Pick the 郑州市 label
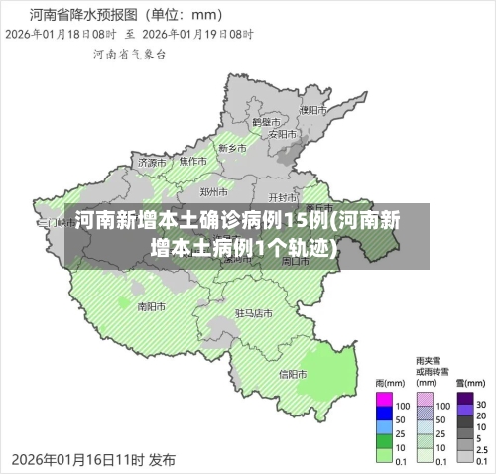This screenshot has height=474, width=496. pyautogui.click(x=215, y=191)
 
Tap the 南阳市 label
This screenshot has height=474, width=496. pyautogui.click(x=151, y=306)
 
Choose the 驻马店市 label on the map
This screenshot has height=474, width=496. pyautogui.click(x=254, y=312)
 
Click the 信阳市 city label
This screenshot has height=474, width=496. pyautogui.click(x=293, y=374)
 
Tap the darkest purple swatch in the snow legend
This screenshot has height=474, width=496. pyautogui.click(x=464, y=405)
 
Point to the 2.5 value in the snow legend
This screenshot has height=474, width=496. pyautogui.click(x=482, y=449)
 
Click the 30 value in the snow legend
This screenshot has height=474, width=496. pyautogui.click(x=481, y=405)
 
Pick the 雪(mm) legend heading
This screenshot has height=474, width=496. pyautogui.click(x=468, y=383)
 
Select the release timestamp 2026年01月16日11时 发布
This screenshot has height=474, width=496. pyautogui.click(x=93, y=460)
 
